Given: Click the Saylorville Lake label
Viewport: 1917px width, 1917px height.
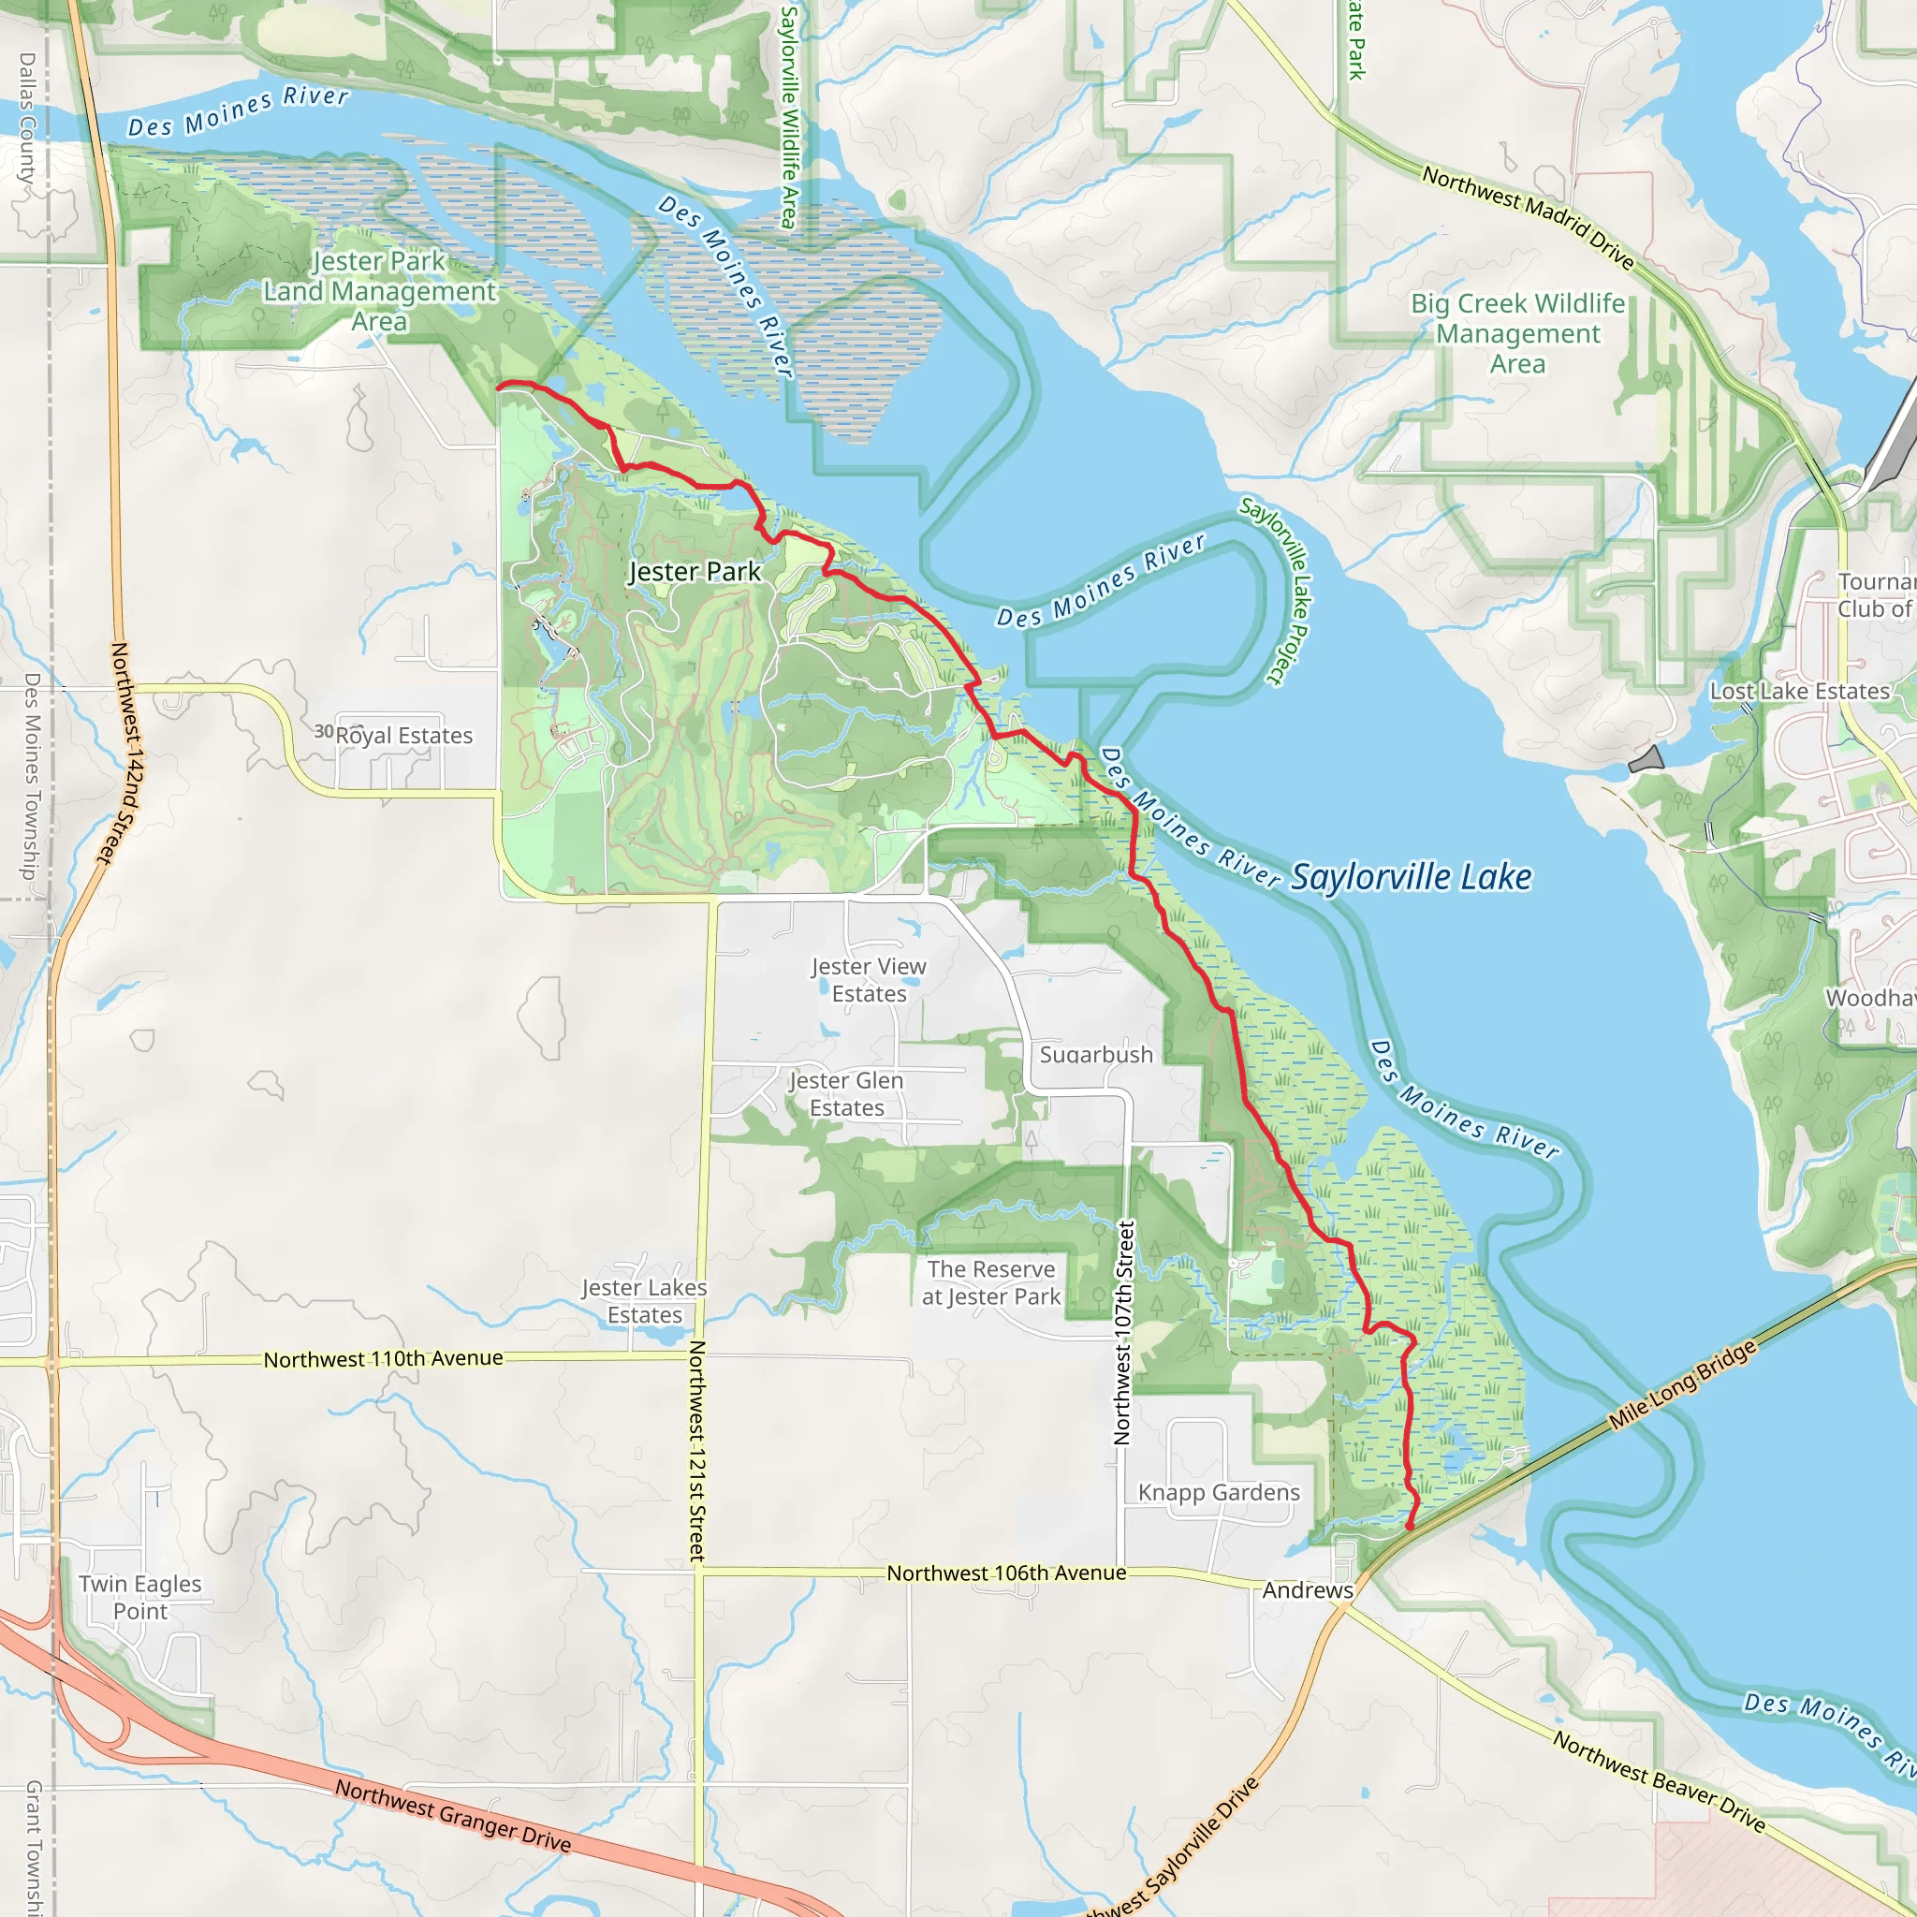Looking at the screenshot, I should pyautogui.click(x=1411, y=877).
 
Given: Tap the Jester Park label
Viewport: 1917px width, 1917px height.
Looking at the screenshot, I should pyautogui.click(x=695, y=572).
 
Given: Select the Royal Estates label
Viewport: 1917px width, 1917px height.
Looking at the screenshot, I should pyautogui.click(x=402, y=735).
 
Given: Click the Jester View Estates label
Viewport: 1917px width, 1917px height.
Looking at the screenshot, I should pyautogui.click(x=870, y=980).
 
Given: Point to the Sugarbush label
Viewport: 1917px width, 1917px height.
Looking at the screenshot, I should pyautogui.click(x=1096, y=1055).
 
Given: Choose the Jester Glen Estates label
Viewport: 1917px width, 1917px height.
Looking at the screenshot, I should pyautogui.click(x=846, y=1094).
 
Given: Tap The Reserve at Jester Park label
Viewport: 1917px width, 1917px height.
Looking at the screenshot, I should pyautogui.click(x=991, y=1283).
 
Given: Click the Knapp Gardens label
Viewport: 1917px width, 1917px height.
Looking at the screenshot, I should pyautogui.click(x=1219, y=1492).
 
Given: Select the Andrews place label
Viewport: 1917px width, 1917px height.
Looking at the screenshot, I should pyautogui.click(x=1308, y=1589).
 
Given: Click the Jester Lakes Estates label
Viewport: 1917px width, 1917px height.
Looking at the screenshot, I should pyautogui.click(x=645, y=1301).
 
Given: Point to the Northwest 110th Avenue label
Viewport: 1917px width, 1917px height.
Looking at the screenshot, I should pyautogui.click(x=383, y=1358).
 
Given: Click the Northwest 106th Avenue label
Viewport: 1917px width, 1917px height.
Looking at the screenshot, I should pyautogui.click(x=1006, y=1573).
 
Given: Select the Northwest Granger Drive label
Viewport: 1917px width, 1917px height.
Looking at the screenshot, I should pyautogui.click(x=452, y=1816).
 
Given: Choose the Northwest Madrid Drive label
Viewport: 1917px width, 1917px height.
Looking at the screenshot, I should pyautogui.click(x=1528, y=217).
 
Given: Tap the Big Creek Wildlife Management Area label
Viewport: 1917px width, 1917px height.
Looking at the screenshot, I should pyautogui.click(x=1518, y=333).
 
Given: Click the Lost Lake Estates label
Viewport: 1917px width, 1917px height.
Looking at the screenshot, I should pyautogui.click(x=1800, y=692).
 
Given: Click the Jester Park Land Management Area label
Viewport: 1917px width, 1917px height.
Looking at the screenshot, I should pyautogui.click(x=379, y=291).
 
